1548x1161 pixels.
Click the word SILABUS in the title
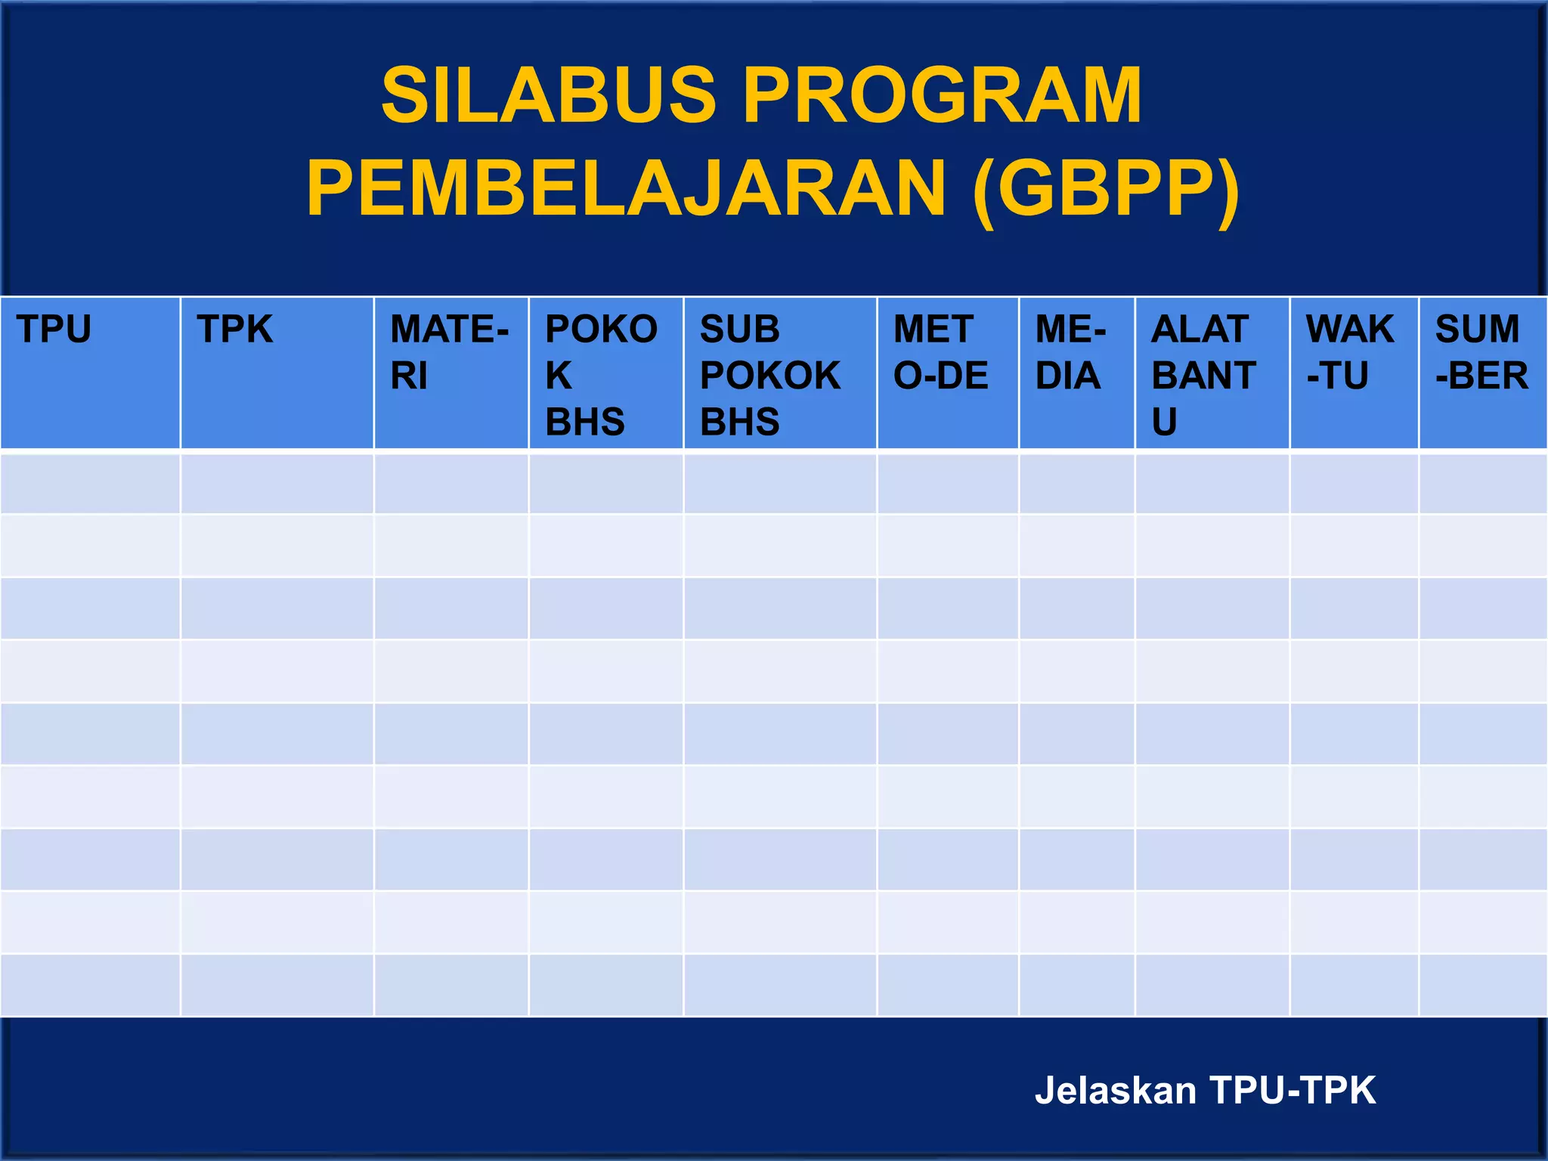548,96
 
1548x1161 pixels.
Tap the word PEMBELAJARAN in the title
626,189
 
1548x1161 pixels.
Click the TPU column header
54,330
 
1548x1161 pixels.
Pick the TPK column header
234,330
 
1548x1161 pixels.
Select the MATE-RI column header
449,352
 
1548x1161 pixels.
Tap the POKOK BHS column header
602,375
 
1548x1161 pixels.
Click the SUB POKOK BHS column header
769,375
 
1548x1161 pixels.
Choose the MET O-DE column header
940,352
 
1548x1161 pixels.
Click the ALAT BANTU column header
1203,375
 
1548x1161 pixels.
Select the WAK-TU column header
1350,352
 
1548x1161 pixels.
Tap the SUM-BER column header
1481,352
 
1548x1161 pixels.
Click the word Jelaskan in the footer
1115,1091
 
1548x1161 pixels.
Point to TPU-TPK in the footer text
1293,1091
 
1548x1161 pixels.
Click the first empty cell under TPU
90,482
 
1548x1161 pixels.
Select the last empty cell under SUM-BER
1482,985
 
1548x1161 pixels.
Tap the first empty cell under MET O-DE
947,482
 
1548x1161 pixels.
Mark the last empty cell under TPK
277,985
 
